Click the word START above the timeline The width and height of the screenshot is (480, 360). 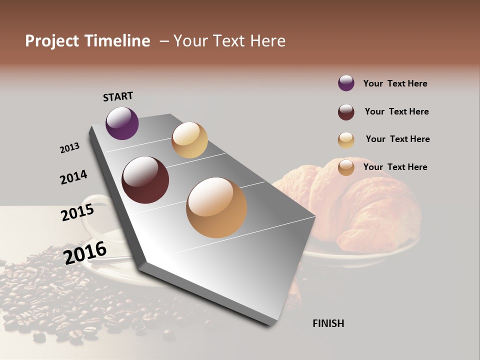[x=118, y=96]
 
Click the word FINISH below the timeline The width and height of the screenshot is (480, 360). [x=328, y=323]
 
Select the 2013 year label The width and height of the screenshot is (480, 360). [x=69, y=148]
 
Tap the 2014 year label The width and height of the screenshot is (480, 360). [x=73, y=177]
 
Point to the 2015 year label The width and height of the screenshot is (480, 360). [x=77, y=212]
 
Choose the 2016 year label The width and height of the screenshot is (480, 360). [x=85, y=252]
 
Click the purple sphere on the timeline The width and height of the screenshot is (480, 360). [x=122, y=123]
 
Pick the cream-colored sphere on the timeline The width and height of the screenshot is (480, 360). [x=189, y=140]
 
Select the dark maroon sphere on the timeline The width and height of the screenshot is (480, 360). [x=145, y=180]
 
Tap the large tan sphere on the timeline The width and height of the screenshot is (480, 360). [x=216, y=207]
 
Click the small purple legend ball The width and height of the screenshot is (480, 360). [x=346, y=83]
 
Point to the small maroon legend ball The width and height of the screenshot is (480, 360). [x=346, y=112]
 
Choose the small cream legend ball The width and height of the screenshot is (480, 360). [x=346, y=140]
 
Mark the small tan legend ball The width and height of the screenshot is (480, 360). [x=346, y=167]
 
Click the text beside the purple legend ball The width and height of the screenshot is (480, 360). [x=395, y=83]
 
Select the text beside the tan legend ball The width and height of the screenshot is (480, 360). [x=395, y=167]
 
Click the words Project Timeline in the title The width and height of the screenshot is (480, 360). [x=87, y=41]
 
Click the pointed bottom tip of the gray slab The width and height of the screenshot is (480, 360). [x=272, y=324]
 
